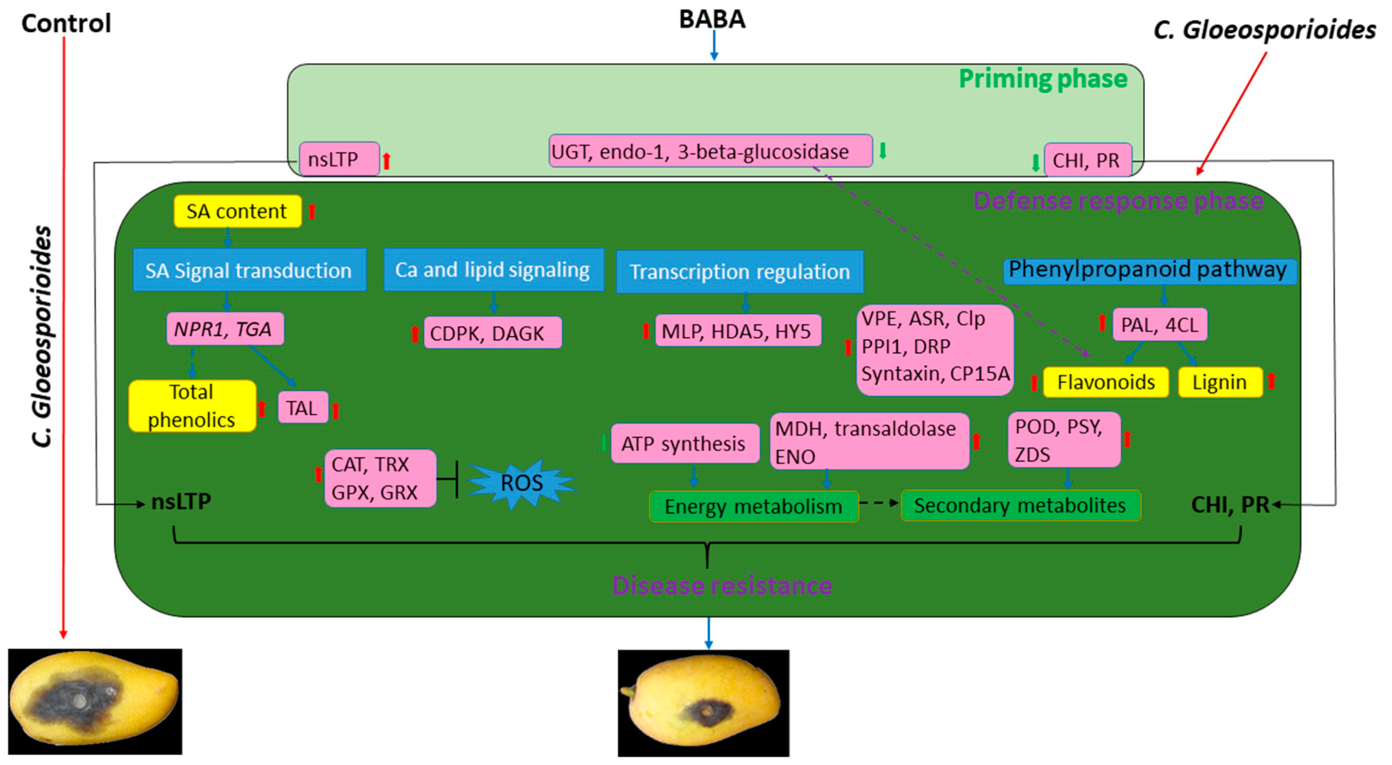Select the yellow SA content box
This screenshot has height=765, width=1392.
(x=237, y=211)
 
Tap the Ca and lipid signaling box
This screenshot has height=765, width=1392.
(x=493, y=270)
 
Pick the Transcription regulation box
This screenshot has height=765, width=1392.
(x=740, y=271)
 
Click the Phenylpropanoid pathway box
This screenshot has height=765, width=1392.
(x=1149, y=270)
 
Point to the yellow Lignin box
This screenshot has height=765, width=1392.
(x=1220, y=382)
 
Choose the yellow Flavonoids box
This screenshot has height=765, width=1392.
(x=1106, y=382)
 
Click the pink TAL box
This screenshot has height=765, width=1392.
(x=303, y=408)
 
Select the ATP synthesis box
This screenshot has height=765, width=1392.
(x=685, y=443)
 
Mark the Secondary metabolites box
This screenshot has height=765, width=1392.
(x=1021, y=506)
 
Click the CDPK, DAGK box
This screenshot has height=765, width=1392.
(x=493, y=333)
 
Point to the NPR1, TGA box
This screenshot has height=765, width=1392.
(x=225, y=329)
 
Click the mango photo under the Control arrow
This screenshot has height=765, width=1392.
(x=95, y=701)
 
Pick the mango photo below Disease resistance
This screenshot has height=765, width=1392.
(x=704, y=703)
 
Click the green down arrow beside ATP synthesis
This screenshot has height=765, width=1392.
(x=604, y=443)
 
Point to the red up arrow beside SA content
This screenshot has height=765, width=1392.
(x=312, y=211)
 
